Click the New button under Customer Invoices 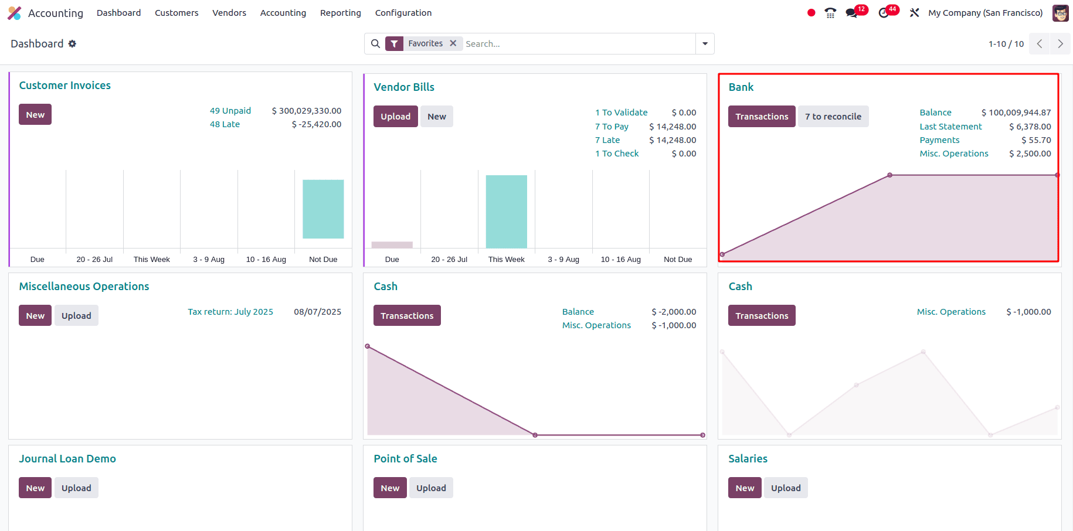(x=35, y=115)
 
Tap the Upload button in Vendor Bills (x=395, y=117)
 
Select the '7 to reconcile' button (x=833, y=117)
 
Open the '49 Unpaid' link (x=230, y=111)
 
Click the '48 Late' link (x=225, y=124)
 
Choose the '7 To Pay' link (x=612, y=127)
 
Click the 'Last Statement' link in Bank (x=950, y=127)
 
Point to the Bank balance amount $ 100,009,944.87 (x=1016, y=113)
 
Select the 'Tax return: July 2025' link (x=230, y=312)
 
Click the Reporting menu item (x=340, y=13)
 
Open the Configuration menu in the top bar (x=403, y=13)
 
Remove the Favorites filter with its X (x=453, y=43)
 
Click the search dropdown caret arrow (x=705, y=44)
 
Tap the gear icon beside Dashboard (x=72, y=44)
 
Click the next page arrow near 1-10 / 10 (x=1060, y=44)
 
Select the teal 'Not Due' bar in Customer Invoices (x=323, y=209)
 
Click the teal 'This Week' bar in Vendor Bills (x=506, y=212)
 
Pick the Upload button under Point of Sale (x=431, y=488)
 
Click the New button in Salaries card (x=744, y=488)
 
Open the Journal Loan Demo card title (x=67, y=459)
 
